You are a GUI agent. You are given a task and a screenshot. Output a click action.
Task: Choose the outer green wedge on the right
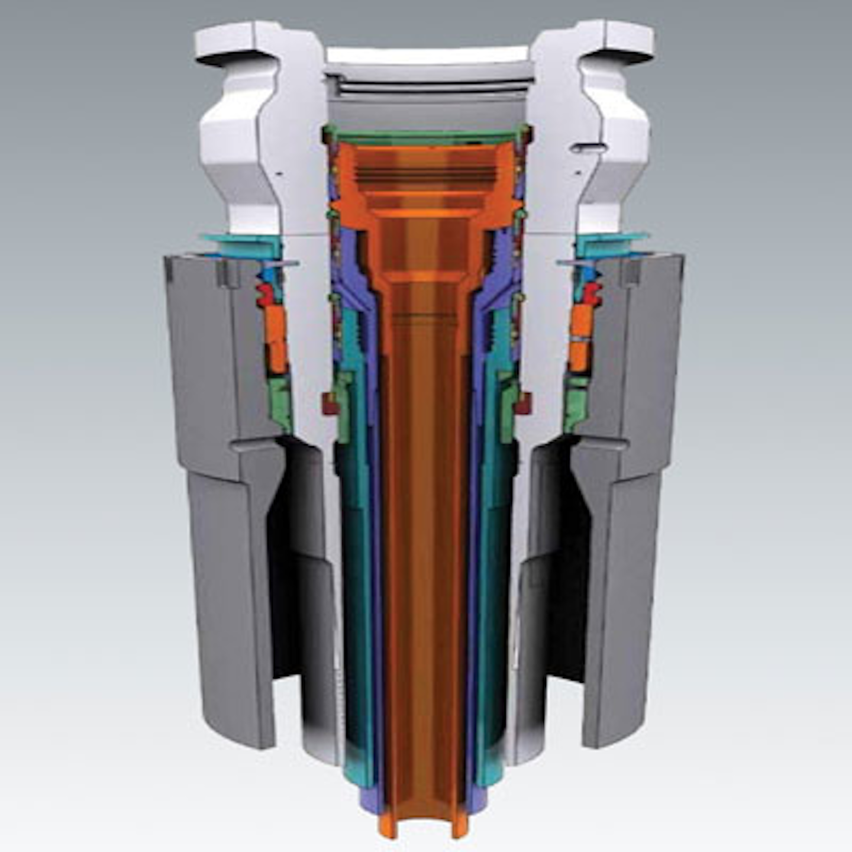pos(574,402)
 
